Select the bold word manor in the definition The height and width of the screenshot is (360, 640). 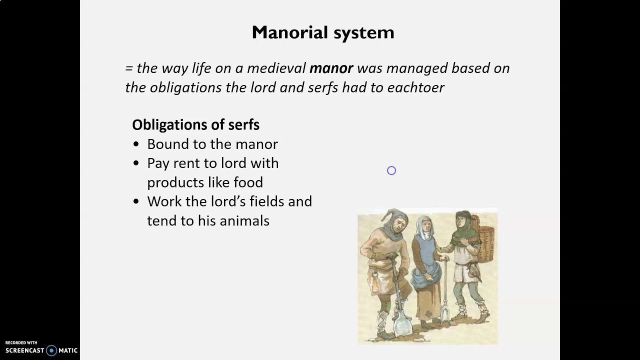(x=331, y=68)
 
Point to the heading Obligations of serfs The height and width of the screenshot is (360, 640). (x=195, y=124)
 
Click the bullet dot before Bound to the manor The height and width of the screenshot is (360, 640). (x=136, y=144)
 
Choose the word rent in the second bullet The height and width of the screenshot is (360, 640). (x=187, y=163)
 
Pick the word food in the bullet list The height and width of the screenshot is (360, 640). (x=248, y=182)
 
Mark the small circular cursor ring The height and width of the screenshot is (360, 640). (x=391, y=171)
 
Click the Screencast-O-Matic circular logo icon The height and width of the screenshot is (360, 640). (x=51, y=350)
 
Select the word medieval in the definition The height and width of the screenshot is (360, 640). (x=276, y=68)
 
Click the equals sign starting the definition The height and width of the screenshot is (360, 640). (x=129, y=68)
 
